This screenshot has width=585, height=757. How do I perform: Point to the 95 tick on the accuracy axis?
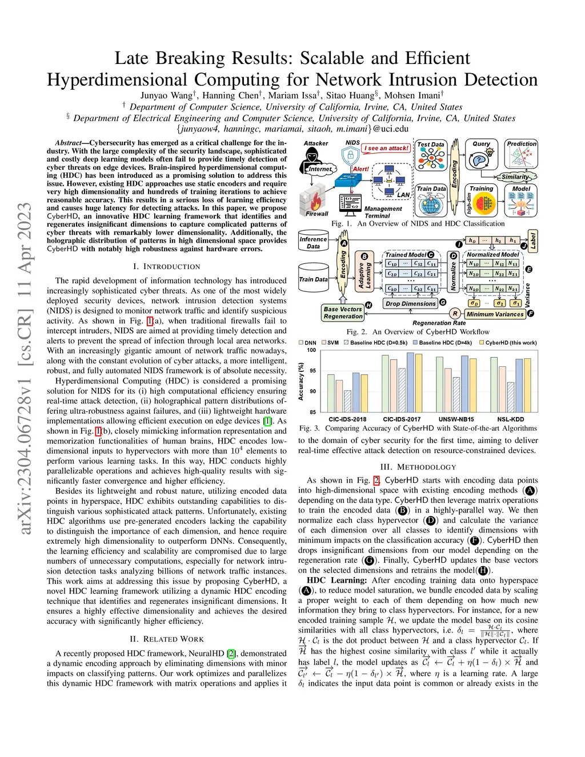312,371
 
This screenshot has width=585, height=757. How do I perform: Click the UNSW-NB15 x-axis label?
456,419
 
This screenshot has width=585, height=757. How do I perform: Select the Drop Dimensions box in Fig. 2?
410,303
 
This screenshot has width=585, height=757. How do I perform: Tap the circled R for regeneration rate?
455,314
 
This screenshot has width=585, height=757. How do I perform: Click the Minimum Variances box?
495,314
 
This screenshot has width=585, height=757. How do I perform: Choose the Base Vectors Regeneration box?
343,313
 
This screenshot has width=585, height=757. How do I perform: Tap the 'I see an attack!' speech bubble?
387,148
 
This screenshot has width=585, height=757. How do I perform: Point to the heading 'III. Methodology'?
418,467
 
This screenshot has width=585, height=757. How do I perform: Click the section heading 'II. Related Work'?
167,639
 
